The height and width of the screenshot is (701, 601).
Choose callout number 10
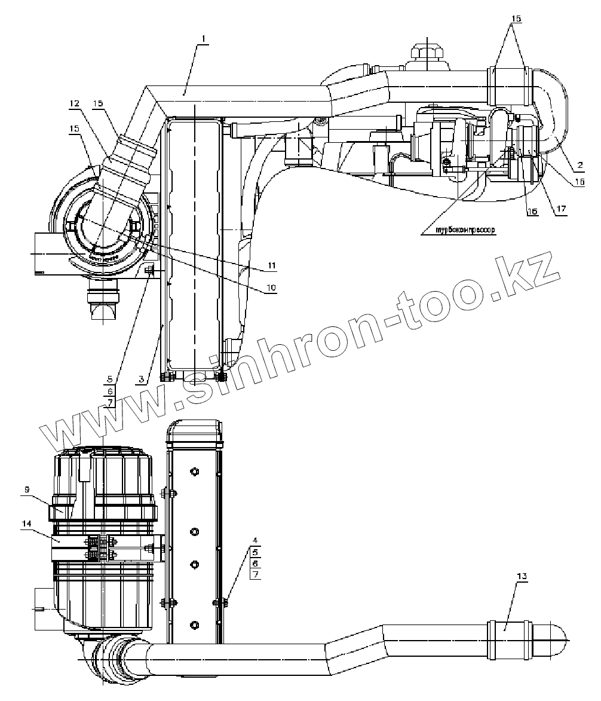(x=271, y=287)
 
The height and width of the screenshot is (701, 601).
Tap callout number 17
(x=560, y=209)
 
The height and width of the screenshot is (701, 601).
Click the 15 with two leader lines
(x=516, y=19)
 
